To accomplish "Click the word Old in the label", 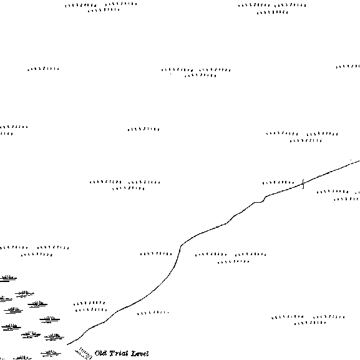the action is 100,353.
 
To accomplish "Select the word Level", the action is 140,354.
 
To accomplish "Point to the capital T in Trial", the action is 112,354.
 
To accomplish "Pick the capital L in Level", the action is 134,354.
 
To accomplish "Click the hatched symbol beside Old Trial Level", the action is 84,354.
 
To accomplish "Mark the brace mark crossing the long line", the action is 303,184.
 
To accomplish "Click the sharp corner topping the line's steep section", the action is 181,246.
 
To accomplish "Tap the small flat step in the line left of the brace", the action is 258,202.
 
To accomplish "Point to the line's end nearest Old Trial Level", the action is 67,344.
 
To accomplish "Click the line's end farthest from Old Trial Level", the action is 359,161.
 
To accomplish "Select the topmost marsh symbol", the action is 7,278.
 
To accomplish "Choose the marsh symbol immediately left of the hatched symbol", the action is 51,353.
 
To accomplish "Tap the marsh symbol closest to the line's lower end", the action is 54,337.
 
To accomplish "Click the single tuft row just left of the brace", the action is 278,183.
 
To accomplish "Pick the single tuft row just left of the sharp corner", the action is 156,254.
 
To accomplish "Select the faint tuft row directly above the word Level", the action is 153,313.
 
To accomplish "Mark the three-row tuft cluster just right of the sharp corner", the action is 231,258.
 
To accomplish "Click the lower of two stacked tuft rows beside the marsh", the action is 91,310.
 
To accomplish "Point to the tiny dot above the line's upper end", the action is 351,160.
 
